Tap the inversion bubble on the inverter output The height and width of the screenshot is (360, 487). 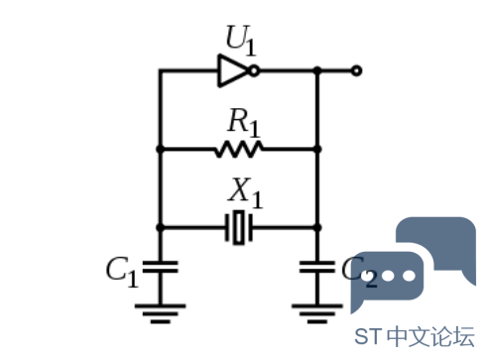pyautogui.click(x=254, y=70)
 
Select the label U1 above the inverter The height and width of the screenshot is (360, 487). pyautogui.click(x=241, y=40)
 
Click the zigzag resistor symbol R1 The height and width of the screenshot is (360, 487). pyautogui.click(x=239, y=150)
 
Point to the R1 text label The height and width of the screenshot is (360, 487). pyautogui.click(x=244, y=122)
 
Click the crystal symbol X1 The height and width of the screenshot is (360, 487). pyautogui.click(x=239, y=227)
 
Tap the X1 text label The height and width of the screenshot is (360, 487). pyautogui.click(x=245, y=192)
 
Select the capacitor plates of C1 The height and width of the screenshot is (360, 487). pyautogui.click(x=161, y=267)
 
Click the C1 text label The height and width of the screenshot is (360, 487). pyautogui.click(x=122, y=272)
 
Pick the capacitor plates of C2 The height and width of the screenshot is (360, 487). pyautogui.click(x=317, y=267)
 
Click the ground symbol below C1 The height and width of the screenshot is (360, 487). pyautogui.click(x=161, y=313)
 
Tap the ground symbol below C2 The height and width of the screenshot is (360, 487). pyautogui.click(x=317, y=313)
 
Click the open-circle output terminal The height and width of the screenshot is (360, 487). pyautogui.click(x=356, y=70)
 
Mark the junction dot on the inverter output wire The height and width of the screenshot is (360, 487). pyautogui.click(x=317, y=70)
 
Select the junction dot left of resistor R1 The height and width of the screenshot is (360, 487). pyautogui.click(x=161, y=150)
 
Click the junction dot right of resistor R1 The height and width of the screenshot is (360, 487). pyautogui.click(x=317, y=150)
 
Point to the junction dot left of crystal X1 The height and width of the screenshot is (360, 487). pyautogui.click(x=161, y=227)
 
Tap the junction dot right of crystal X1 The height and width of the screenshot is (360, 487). pyautogui.click(x=317, y=227)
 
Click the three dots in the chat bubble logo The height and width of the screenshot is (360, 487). pyautogui.click(x=388, y=276)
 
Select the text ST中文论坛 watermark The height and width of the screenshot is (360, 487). pyautogui.click(x=415, y=337)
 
